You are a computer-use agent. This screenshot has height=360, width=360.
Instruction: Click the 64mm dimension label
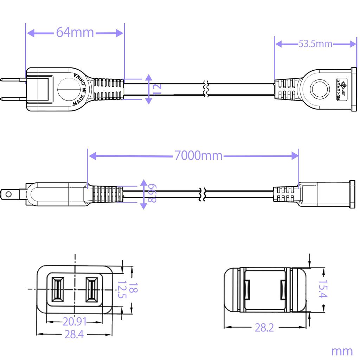coord(75,33)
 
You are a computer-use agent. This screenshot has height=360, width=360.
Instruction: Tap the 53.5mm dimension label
coord(315,44)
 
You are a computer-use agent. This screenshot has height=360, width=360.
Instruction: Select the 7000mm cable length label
coord(198,155)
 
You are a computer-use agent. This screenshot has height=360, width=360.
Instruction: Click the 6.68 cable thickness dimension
coord(152,194)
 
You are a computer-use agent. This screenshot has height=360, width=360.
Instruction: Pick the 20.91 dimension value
coord(75,321)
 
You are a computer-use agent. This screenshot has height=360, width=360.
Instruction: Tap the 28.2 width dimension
coord(264,328)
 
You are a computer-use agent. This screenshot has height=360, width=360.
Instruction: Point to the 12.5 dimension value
coord(121,289)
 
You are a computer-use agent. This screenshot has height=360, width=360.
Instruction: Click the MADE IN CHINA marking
coord(80,90)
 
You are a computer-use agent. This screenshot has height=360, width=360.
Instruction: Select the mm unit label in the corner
coord(342,351)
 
